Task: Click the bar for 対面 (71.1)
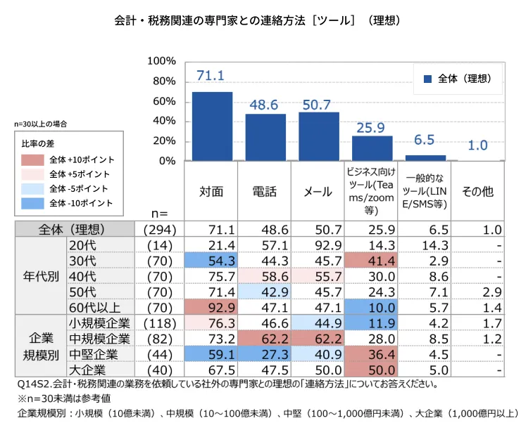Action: (x=212, y=126)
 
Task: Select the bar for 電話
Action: (x=265, y=137)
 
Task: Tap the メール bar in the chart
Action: (x=318, y=136)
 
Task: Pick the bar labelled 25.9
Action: (x=372, y=148)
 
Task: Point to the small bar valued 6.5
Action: (x=425, y=157)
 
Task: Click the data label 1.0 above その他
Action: (x=478, y=145)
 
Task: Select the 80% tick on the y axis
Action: (x=164, y=81)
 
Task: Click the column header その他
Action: (x=478, y=191)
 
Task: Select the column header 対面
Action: (x=212, y=191)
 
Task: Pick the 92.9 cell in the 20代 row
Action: (x=318, y=245)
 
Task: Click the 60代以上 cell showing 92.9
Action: (x=212, y=307)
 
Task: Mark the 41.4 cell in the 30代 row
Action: (x=372, y=261)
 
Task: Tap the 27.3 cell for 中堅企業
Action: (x=265, y=353)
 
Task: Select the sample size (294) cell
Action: (x=159, y=230)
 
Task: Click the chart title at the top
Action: (x=260, y=21)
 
